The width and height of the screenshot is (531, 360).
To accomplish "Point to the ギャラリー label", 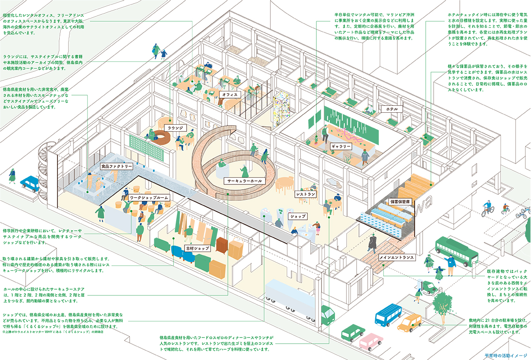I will (341, 146).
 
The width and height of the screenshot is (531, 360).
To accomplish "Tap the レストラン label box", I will (306, 194).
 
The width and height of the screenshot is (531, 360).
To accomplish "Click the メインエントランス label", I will (396, 257).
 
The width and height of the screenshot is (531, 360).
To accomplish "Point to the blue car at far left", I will (30, 183).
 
